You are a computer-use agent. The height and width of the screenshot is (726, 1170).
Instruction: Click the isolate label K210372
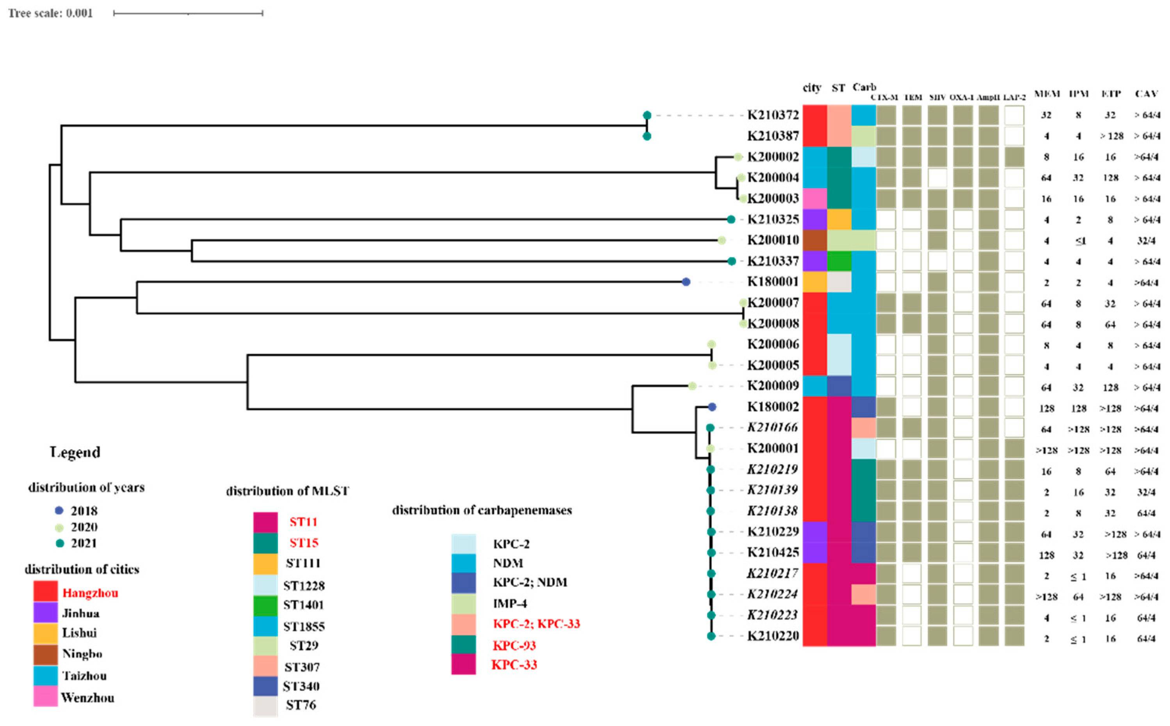[x=772, y=115]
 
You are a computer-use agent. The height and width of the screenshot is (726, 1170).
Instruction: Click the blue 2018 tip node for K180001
[x=686, y=282]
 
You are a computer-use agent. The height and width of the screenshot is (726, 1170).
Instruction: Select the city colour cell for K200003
[x=815, y=198]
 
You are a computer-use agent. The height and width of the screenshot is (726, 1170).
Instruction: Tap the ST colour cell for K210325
[x=839, y=219]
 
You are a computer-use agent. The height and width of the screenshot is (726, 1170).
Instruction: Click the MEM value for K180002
[x=1046, y=409]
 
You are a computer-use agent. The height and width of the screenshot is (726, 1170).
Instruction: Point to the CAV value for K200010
[x=1145, y=240]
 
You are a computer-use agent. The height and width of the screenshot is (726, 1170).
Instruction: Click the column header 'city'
[x=812, y=88]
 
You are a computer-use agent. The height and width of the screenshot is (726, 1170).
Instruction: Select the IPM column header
[x=1078, y=94]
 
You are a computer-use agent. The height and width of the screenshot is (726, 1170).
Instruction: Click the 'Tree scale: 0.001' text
[x=50, y=13]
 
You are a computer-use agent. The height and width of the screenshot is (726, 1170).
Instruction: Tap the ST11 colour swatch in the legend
[x=265, y=522]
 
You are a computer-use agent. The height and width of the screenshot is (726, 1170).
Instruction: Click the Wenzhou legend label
[x=88, y=697]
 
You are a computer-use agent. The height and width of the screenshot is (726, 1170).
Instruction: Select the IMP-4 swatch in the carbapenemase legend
[x=463, y=603]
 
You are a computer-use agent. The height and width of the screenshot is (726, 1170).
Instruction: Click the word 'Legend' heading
[x=75, y=452]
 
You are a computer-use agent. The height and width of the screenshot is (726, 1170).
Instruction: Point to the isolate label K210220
[x=772, y=636]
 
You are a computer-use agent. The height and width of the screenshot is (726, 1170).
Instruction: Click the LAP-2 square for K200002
[x=1014, y=157]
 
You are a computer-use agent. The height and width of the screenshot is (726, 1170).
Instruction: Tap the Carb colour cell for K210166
[x=863, y=427]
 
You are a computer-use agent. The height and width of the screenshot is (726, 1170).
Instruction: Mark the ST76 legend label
[x=301, y=705]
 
